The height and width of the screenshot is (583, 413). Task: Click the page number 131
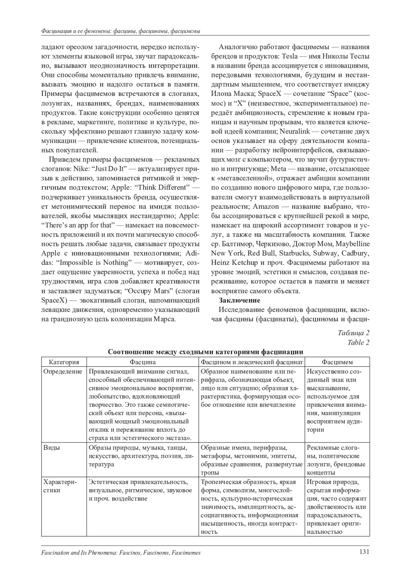364,552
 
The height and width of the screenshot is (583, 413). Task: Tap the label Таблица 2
353,333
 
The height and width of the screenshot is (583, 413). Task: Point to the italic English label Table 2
358,342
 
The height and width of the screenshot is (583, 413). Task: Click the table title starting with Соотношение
205,352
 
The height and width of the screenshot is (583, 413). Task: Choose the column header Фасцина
142,362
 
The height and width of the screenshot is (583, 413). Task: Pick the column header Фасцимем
337,362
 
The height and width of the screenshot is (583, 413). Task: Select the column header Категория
64,362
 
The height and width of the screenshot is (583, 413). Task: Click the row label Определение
63,371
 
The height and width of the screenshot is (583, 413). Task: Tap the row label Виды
52,448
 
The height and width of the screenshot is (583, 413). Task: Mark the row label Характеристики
61,486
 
